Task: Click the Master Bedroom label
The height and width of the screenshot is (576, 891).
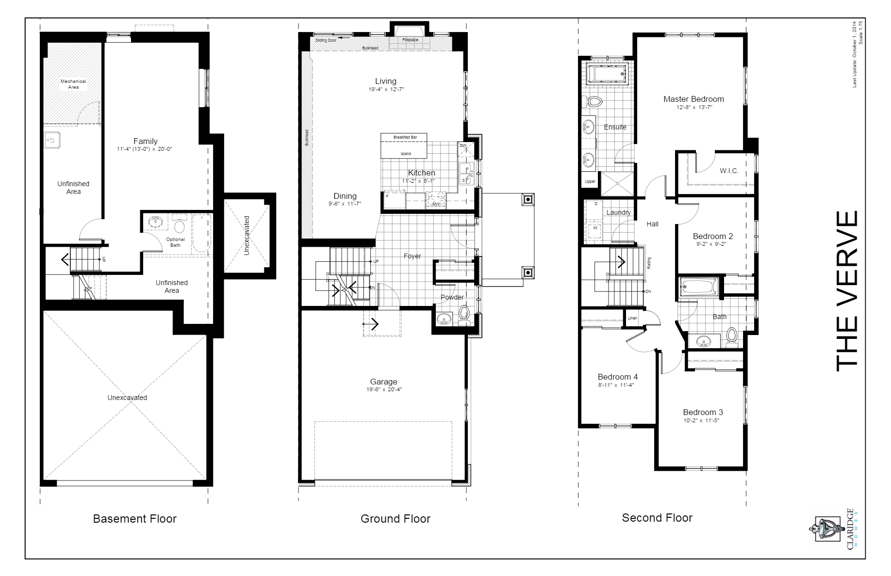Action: click(x=693, y=99)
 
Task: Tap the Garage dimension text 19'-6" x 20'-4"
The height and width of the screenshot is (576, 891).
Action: click(x=384, y=390)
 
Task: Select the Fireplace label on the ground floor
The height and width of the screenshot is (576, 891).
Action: click(x=410, y=40)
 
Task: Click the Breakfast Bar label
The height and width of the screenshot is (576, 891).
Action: click(x=405, y=138)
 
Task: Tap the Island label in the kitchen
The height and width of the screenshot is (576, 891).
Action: click(x=406, y=154)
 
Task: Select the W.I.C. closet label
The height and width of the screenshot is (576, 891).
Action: click(x=729, y=171)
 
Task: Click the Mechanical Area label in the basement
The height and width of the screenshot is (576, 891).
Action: click(x=73, y=84)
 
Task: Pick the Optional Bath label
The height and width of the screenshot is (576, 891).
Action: click(x=175, y=242)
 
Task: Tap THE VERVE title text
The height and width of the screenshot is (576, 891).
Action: click(x=847, y=291)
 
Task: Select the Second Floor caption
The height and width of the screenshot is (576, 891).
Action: click(x=657, y=518)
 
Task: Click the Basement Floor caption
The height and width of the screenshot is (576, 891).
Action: click(x=134, y=519)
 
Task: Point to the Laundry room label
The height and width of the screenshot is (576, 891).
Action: click(x=618, y=212)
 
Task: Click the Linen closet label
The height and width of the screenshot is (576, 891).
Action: click(x=632, y=318)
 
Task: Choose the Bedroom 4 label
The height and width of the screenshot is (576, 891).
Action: click(x=617, y=377)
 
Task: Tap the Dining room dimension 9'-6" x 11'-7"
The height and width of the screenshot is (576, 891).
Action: click(x=345, y=204)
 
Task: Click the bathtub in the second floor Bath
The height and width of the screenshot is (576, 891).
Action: click(x=699, y=287)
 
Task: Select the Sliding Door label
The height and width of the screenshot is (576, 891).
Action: click(x=326, y=40)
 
